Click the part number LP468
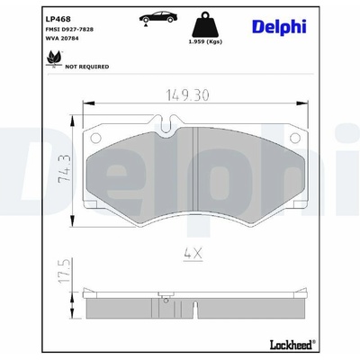[58, 19]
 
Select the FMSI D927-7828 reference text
[69, 30]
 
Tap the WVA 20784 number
[62, 39]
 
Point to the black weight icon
[205, 24]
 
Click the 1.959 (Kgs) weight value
[205, 41]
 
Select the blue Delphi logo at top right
[279, 27]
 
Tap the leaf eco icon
[54, 58]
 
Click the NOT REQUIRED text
[87, 67]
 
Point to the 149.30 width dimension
[187, 95]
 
